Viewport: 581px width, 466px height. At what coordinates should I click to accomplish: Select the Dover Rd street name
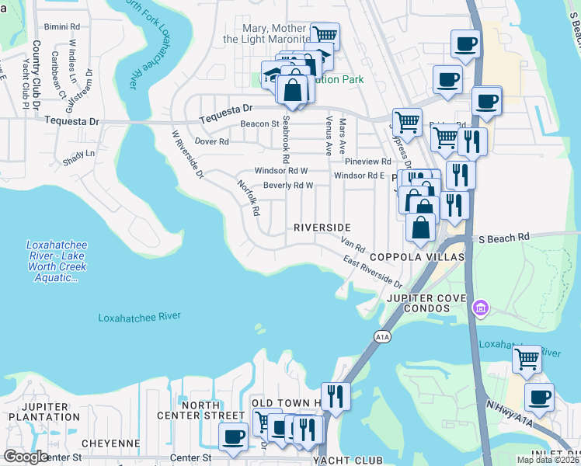click(211, 142)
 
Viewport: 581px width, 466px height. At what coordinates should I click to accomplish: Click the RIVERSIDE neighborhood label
click(322, 228)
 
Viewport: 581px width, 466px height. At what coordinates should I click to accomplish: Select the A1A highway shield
click(381, 336)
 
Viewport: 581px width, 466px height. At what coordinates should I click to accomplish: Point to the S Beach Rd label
click(504, 237)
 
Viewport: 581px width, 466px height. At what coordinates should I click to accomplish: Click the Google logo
click(26, 457)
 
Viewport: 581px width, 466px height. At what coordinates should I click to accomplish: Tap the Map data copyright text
click(548, 460)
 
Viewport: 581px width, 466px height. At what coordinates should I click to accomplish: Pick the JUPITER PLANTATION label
click(44, 412)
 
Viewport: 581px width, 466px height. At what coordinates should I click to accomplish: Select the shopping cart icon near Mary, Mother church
click(325, 35)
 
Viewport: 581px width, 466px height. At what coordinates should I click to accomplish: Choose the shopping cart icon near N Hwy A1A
click(527, 358)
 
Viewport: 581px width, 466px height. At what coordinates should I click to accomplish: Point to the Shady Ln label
click(79, 154)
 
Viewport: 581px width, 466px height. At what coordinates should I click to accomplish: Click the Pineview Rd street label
click(368, 161)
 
